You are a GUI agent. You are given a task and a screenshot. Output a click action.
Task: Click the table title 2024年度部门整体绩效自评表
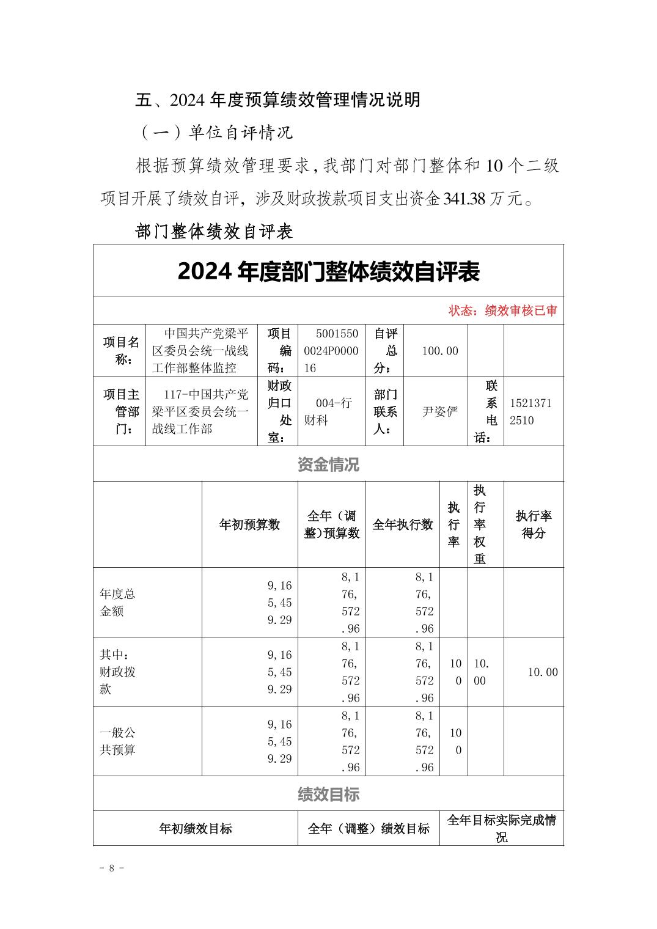[x=328, y=272]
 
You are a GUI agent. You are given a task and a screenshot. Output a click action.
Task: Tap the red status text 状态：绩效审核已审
[x=502, y=311]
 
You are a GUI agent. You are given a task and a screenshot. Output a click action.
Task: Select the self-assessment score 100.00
[x=439, y=351]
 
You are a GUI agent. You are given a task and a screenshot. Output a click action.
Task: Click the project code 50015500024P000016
[x=331, y=351]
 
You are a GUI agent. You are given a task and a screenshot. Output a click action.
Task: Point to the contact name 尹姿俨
[x=439, y=411]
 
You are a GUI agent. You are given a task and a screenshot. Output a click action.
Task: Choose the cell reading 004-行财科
[x=331, y=411]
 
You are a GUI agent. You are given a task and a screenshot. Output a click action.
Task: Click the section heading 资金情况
[x=328, y=464]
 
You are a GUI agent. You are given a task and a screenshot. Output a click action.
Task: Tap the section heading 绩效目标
[x=328, y=794]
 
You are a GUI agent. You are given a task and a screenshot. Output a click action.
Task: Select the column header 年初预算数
[x=249, y=524]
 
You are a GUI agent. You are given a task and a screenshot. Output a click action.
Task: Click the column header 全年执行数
[x=402, y=524]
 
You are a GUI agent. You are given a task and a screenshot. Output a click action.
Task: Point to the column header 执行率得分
[x=533, y=524]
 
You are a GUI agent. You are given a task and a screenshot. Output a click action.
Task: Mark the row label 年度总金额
[x=117, y=603]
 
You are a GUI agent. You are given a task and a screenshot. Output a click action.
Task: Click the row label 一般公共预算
[x=117, y=741]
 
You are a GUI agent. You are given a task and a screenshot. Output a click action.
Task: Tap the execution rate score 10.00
[x=543, y=672]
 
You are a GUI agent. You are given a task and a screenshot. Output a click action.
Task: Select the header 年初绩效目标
[x=196, y=829]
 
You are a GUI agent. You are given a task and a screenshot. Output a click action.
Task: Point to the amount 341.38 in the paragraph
[x=464, y=199]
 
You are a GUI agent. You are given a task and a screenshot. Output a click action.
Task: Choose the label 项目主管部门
[x=120, y=411]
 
